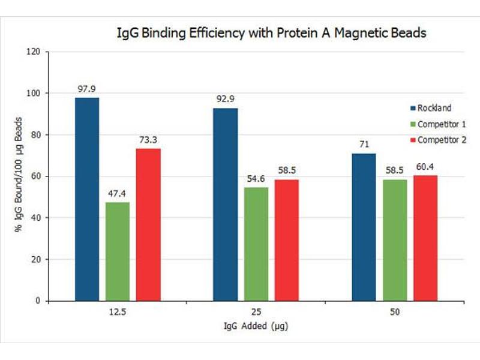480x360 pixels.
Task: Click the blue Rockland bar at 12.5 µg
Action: [87, 199]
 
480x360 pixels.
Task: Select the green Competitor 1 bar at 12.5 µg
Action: [117, 251]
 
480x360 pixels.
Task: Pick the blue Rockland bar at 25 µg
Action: [226, 204]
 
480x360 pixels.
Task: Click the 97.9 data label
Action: [87, 89]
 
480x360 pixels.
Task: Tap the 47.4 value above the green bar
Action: [117, 194]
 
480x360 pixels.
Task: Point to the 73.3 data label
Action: [148, 140]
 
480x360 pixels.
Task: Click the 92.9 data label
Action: [226, 100]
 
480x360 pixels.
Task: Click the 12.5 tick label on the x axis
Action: [117, 313]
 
